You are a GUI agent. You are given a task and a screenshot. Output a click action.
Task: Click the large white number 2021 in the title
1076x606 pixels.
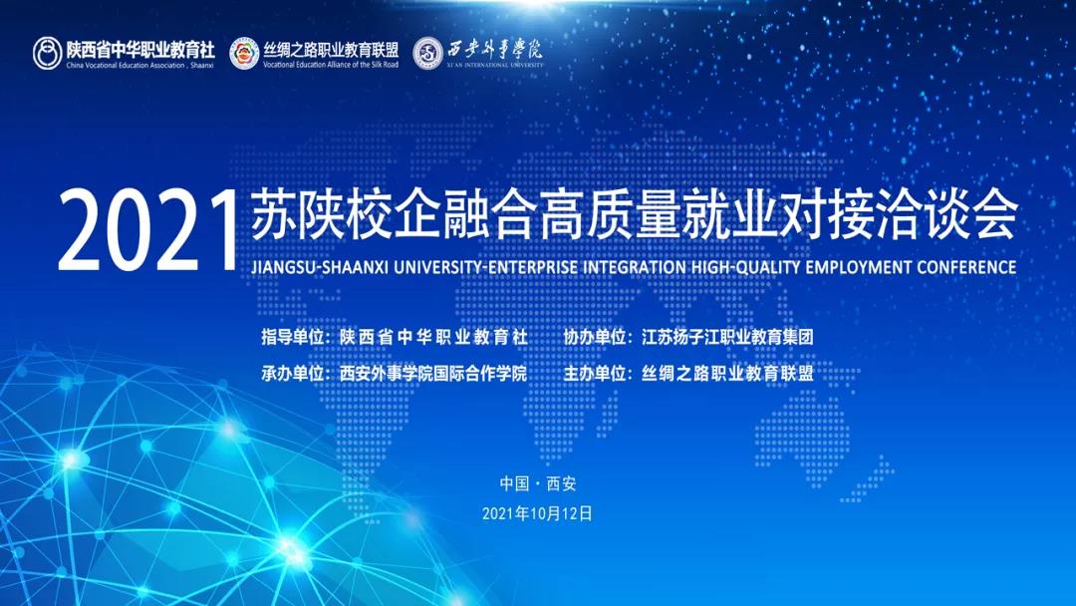pos(147,231)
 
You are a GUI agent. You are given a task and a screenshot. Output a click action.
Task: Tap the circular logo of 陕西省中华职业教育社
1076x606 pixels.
pos(48,54)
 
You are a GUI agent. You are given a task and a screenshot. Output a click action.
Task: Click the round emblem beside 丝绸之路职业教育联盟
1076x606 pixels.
pos(244,54)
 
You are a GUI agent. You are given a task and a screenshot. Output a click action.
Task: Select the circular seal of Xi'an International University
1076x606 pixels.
pos(428,54)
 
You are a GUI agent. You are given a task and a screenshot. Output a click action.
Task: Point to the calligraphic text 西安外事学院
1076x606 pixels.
pos(495,49)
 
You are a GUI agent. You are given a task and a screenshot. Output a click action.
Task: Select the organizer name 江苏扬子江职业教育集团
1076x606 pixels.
pos(727,337)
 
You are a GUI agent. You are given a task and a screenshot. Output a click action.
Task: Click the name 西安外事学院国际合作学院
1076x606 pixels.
pos(433,374)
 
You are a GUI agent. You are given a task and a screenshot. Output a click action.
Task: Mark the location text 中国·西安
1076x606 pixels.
pos(538,483)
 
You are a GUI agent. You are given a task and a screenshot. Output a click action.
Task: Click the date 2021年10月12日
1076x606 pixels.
pos(537,514)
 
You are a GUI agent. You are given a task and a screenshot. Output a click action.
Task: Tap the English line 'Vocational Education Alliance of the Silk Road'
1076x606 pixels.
pos(331,65)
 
